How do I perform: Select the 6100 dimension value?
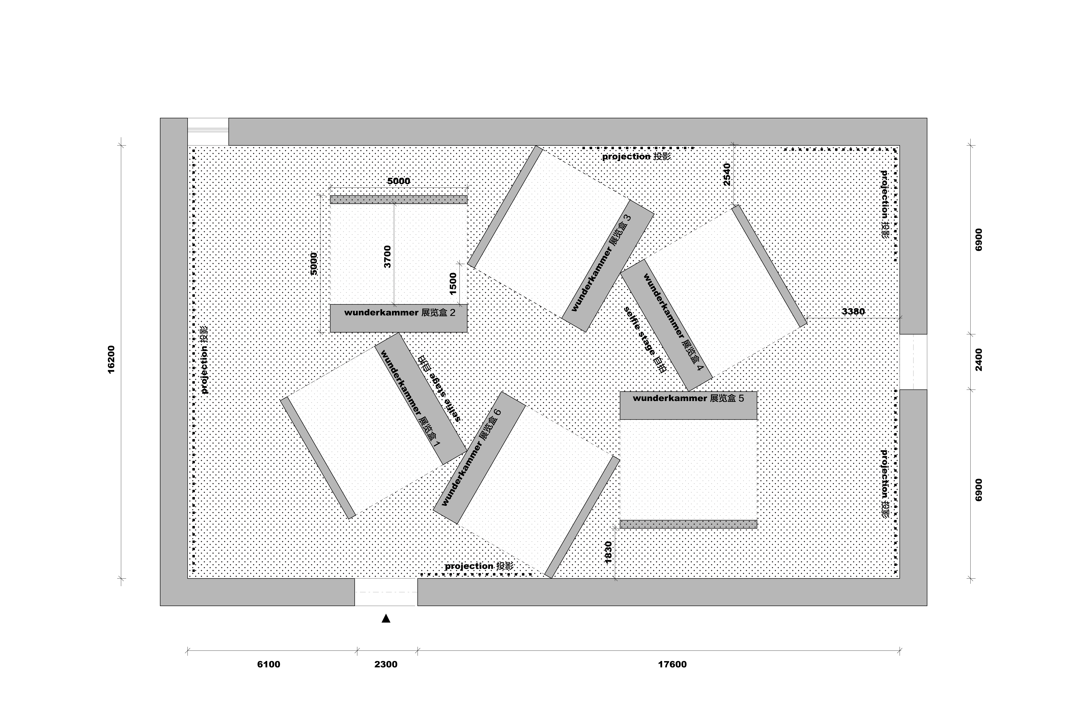(269, 664)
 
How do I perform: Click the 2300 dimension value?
(386, 664)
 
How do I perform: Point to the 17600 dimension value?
(672, 664)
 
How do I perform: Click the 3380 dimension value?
(853, 312)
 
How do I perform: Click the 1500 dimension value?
(453, 283)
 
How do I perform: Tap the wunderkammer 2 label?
(400, 313)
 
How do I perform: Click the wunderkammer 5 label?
(689, 398)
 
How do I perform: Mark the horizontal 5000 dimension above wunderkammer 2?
(398, 181)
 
